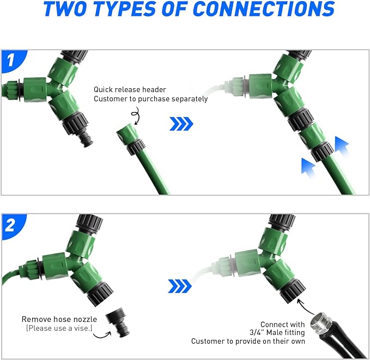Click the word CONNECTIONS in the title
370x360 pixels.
click(x=264, y=9)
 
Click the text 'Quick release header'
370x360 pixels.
click(x=130, y=89)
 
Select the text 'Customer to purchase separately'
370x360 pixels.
click(x=150, y=99)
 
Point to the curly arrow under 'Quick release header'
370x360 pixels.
click(x=136, y=115)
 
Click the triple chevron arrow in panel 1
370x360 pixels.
click(x=181, y=124)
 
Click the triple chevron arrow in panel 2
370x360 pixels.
click(x=180, y=286)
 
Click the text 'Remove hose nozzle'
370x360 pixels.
click(x=59, y=319)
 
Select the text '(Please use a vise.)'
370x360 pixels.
click(x=59, y=328)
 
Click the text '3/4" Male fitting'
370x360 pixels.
click(x=277, y=332)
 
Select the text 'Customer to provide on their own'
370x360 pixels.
click(x=248, y=341)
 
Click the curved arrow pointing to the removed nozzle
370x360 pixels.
click(x=102, y=335)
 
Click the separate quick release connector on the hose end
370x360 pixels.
click(x=131, y=139)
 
